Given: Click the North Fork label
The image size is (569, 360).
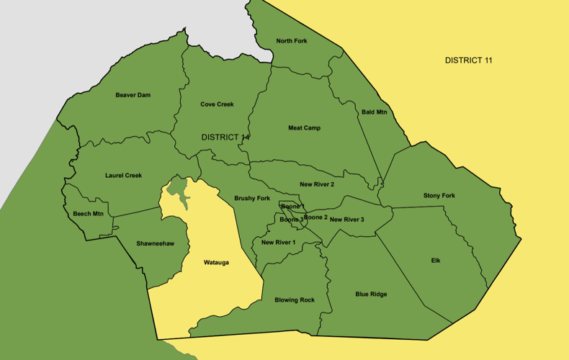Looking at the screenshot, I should click(292, 41).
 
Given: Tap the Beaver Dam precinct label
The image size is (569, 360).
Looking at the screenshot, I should click(133, 95).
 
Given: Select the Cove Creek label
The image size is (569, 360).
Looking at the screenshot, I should click(217, 104).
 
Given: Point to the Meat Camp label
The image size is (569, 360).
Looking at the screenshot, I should click(304, 128).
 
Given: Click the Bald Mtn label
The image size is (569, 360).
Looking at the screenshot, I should click(374, 112).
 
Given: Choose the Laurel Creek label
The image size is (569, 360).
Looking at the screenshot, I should click(123, 176).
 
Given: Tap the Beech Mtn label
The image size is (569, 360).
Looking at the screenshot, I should click(88, 214).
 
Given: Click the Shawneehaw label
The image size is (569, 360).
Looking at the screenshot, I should click(155, 243).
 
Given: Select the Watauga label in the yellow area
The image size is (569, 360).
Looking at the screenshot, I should click(216, 263).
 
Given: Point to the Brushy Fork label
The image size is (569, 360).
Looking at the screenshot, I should click(252, 198).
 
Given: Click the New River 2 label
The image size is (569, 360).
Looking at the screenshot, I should click(317, 185).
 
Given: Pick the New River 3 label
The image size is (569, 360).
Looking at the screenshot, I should click(347, 220).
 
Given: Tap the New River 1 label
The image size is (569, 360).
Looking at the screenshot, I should click(278, 243).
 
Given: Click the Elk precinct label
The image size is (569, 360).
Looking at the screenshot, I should click(436, 261).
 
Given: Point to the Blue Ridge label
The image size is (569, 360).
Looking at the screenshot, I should click(371, 294).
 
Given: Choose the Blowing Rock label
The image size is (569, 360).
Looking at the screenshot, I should click(295, 300).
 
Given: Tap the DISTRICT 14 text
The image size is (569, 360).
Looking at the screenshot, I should click(225, 138).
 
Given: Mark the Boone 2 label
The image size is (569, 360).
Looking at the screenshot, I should click(315, 217).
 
